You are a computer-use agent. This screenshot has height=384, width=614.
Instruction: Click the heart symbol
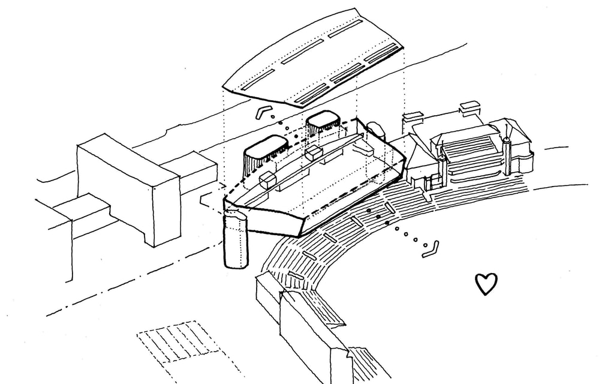click(486, 284)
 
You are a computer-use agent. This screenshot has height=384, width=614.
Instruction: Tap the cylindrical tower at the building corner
click(234, 241)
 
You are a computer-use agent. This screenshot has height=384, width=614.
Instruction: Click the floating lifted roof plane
click(312, 60)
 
